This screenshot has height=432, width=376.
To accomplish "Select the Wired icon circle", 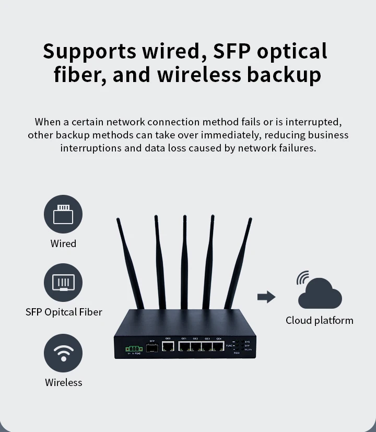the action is (x=63, y=214).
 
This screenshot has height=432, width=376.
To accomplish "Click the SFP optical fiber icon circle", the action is (x=63, y=283).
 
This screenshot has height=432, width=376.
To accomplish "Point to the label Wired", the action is (x=63, y=243).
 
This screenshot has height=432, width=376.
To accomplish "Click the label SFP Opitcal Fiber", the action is (x=64, y=312).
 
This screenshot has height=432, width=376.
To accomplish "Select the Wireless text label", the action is (x=63, y=382).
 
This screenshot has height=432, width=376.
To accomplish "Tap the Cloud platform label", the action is (x=319, y=320).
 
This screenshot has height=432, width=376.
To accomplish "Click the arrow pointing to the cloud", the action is (x=266, y=297).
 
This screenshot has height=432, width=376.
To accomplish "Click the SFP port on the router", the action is (x=152, y=347).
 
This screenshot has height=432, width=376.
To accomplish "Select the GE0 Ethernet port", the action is (x=168, y=346).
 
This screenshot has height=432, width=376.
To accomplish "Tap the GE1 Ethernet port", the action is (x=184, y=346).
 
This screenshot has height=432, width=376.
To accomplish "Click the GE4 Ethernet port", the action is (x=219, y=346).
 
